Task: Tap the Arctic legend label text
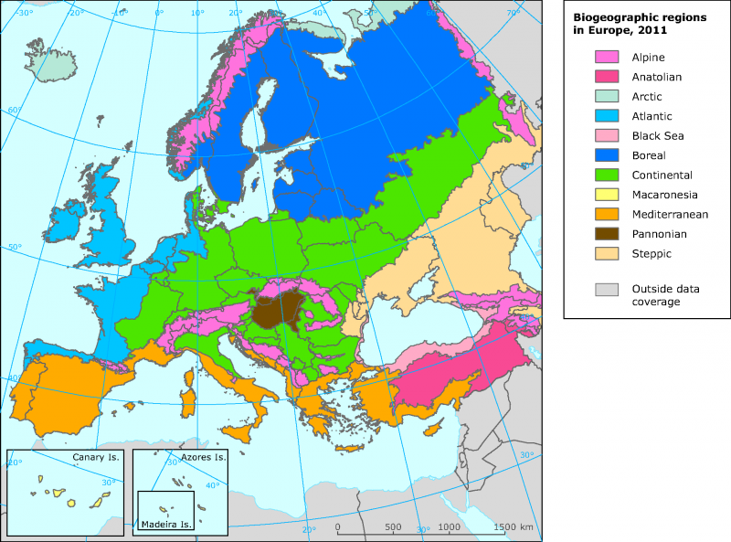pyautogui.click(x=646, y=97)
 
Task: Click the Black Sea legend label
pyautogui.click(x=657, y=136)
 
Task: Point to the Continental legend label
pyautogui.click(x=662, y=175)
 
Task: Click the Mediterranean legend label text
pyautogui.click(x=669, y=215)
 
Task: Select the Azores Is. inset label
pyautogui.click(x=203, y=457)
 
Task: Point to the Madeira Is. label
pyautogui.click(x=166, y=525)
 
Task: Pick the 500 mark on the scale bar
pyautogui.click(x=393, y=527)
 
